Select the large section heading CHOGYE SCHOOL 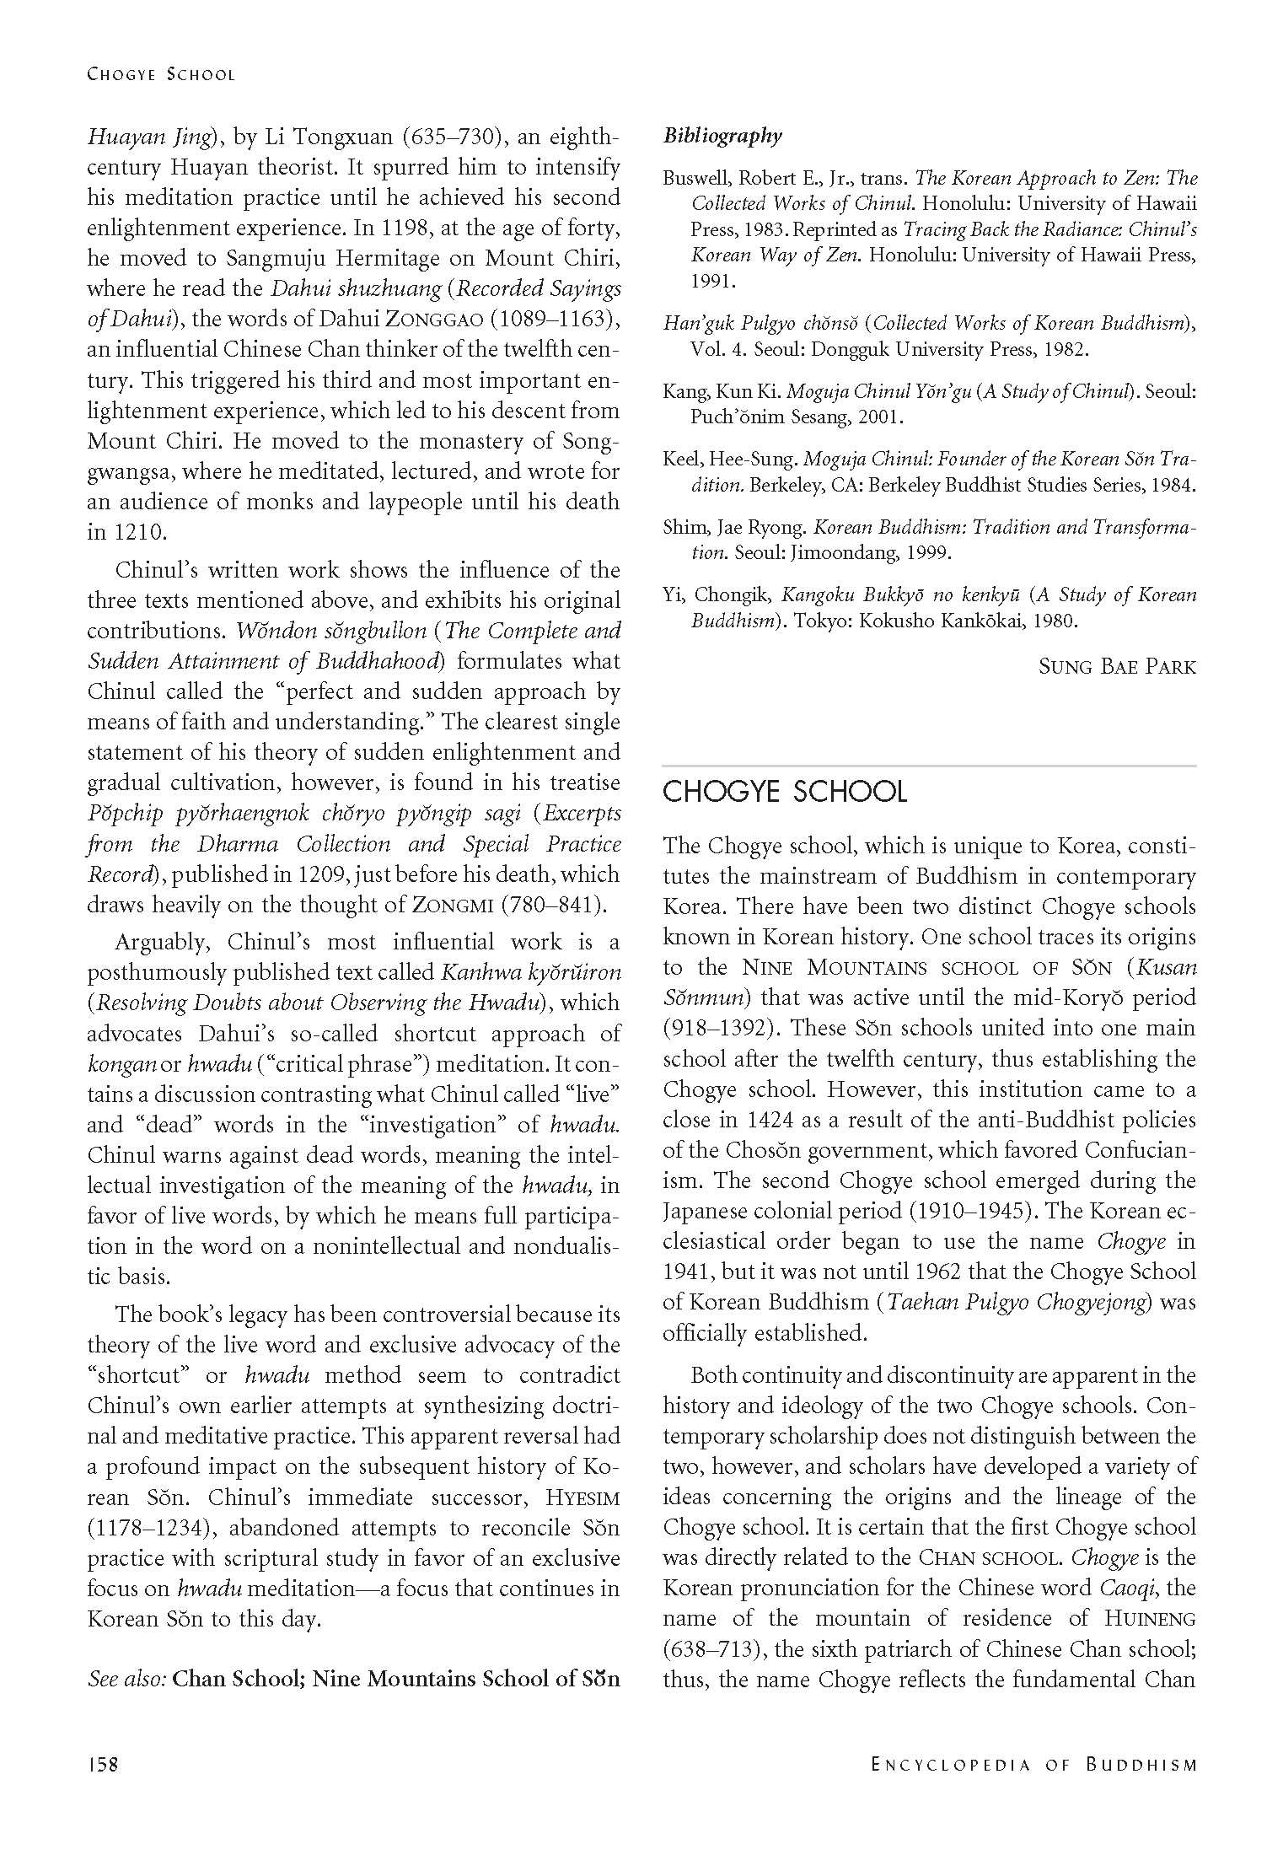[x=785, y=792]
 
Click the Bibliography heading [x=722, y=136]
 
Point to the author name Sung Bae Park [x=1117, y=667]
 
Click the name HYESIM [x=582, y=1498]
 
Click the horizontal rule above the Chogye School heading [x=929, y=766]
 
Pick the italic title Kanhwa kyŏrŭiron [x=530, y=973]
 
